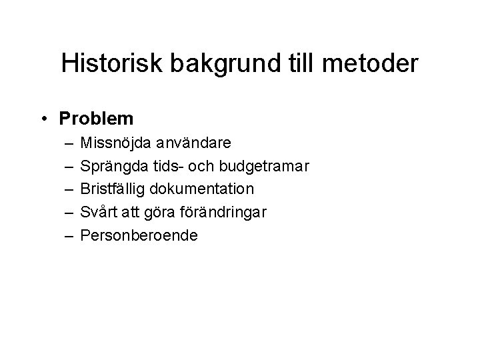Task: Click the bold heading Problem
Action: pyautogui.click(x=97, y=119)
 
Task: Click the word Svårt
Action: pyautogui.click(x=97, y=213)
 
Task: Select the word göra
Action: pyautogui.click(x=157, y=213)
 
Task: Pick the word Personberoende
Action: pyautogui.click(x=139, y=236)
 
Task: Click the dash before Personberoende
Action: pyautogui.click(x=69, y=236)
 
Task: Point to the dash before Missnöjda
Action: pyautogui.click(x=69, y=143)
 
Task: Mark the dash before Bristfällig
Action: pyautogui.click(x=69, y=189)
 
